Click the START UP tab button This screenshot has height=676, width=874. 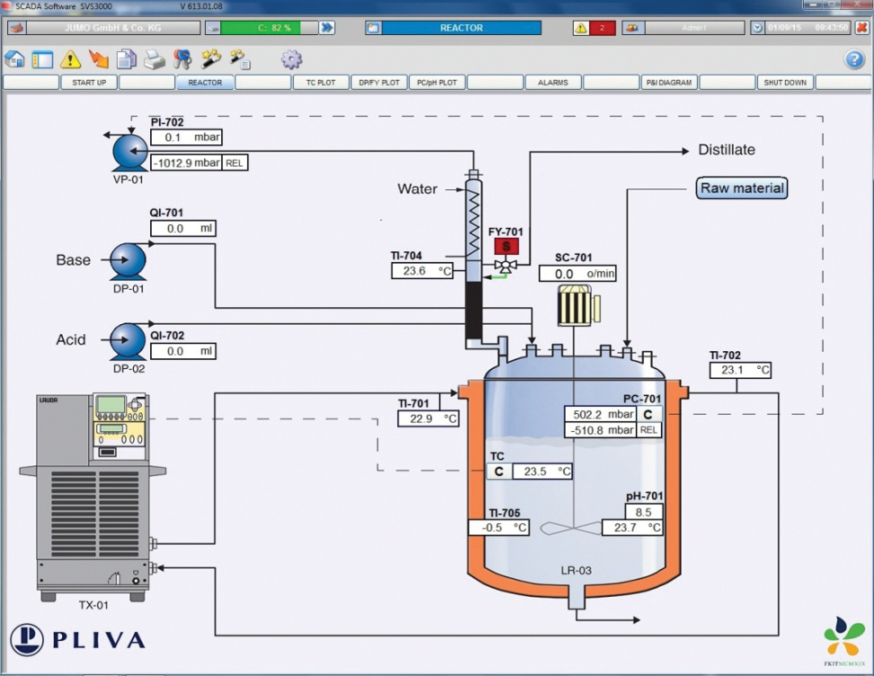[89, 83]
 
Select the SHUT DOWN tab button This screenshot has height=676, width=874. [785, 83]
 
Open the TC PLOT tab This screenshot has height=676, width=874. [320, 83]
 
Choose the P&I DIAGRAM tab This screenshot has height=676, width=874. [669, 83]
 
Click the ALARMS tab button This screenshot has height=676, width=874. [553, 83]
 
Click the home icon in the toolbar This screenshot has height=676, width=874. [14, 60]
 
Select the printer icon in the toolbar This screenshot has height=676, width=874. [155, 60]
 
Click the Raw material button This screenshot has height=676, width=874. [742, 188]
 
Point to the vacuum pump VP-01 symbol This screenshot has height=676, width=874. [129, 154]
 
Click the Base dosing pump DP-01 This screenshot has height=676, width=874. [129, 261]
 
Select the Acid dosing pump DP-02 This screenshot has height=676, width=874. [129, 341]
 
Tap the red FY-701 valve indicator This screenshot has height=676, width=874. [506, 247]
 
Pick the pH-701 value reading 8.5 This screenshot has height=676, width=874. [644, 511]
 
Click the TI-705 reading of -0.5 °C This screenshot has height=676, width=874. [498, 527]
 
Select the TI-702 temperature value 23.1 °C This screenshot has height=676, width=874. [740, 369]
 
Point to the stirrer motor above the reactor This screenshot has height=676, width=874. [575, 306]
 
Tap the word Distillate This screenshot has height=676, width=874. [727, 149]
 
